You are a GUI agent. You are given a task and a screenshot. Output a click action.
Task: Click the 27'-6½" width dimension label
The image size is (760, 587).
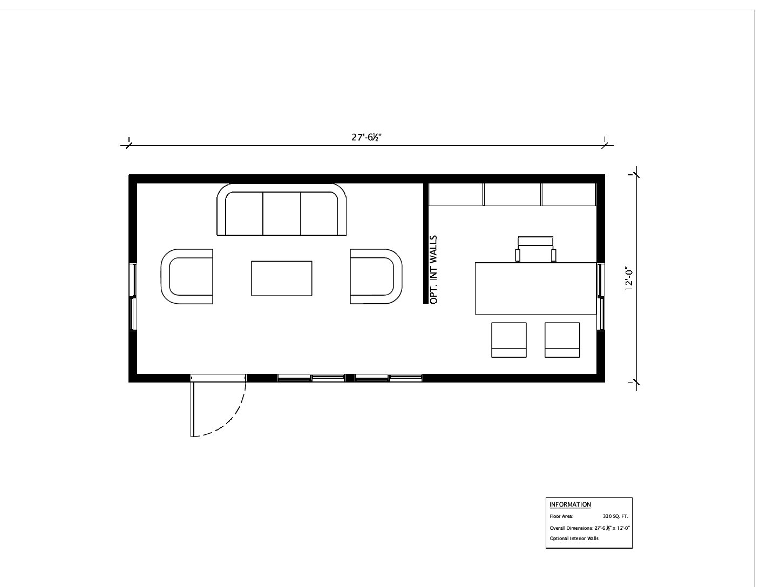coord(366,137)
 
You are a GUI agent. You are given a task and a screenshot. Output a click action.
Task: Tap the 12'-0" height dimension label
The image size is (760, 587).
coord(629,279)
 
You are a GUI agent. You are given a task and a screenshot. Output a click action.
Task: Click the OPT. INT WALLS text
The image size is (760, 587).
coord(433,270)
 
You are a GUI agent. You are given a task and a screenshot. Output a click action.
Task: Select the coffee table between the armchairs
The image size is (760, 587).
coord(282,278)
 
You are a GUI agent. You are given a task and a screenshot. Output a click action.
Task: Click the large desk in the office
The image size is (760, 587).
coord(535,289)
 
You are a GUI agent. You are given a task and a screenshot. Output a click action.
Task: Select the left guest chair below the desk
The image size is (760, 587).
coord(509,340)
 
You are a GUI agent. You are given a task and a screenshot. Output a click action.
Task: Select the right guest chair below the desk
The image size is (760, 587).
coord(562,340)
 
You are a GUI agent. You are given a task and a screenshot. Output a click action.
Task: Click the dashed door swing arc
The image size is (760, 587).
coord(232,421)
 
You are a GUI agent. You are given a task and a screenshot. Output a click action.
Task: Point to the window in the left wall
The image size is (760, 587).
coord(133,297)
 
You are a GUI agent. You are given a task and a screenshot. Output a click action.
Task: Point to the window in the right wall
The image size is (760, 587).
coord(601,297)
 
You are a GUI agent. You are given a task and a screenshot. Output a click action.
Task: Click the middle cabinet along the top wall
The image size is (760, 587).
coord(512,194)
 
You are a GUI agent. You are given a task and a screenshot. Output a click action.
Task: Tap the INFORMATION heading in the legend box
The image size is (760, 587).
coord(570,504)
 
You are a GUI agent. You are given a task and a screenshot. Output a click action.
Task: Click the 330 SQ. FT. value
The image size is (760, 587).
coord(615,516)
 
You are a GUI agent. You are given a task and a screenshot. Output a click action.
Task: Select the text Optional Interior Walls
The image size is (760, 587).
coord(574,538)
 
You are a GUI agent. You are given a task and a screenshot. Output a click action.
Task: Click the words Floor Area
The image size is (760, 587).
coord(561,516)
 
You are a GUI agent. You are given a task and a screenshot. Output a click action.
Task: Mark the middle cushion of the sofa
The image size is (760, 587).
coord(282,214)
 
